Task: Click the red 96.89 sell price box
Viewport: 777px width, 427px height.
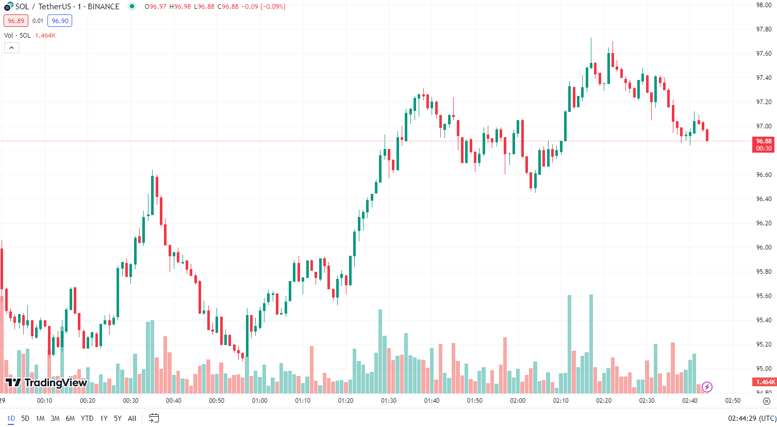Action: [16, 21]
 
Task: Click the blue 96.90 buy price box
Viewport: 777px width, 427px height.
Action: [60, 21]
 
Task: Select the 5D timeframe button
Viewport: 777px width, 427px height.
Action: [25, 418]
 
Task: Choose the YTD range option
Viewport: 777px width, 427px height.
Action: [87, 418]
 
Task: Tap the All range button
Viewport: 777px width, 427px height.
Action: [132, 418]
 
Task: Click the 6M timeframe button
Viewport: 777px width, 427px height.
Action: [70, 418]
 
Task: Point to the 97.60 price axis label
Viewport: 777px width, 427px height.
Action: [764, 54]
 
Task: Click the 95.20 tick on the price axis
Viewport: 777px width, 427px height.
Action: [764, 344]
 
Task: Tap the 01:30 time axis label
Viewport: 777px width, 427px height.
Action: [389, 401]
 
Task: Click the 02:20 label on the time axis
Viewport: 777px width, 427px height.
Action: [604, 401]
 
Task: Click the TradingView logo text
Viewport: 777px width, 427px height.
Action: [46, 383]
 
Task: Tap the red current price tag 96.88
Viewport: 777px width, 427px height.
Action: [764, 144]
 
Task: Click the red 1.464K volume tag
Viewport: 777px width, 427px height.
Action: [765, 382]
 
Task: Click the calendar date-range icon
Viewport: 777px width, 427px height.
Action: [154, 418]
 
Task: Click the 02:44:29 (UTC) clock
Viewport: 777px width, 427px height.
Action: [752, 418]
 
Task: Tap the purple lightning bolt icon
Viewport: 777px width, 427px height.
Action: [707, 387]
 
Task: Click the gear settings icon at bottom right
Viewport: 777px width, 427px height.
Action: [766, 401]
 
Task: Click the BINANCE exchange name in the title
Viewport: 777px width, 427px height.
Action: [104, 7]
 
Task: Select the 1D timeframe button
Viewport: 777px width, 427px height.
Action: [11, 418]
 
